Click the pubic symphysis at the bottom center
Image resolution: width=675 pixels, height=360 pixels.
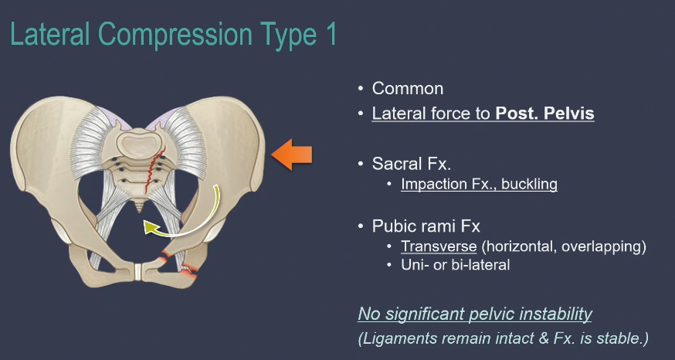point(138,273)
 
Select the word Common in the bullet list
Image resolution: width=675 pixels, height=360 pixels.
point(408,89)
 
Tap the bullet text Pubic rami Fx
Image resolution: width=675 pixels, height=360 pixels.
point(426,226)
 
